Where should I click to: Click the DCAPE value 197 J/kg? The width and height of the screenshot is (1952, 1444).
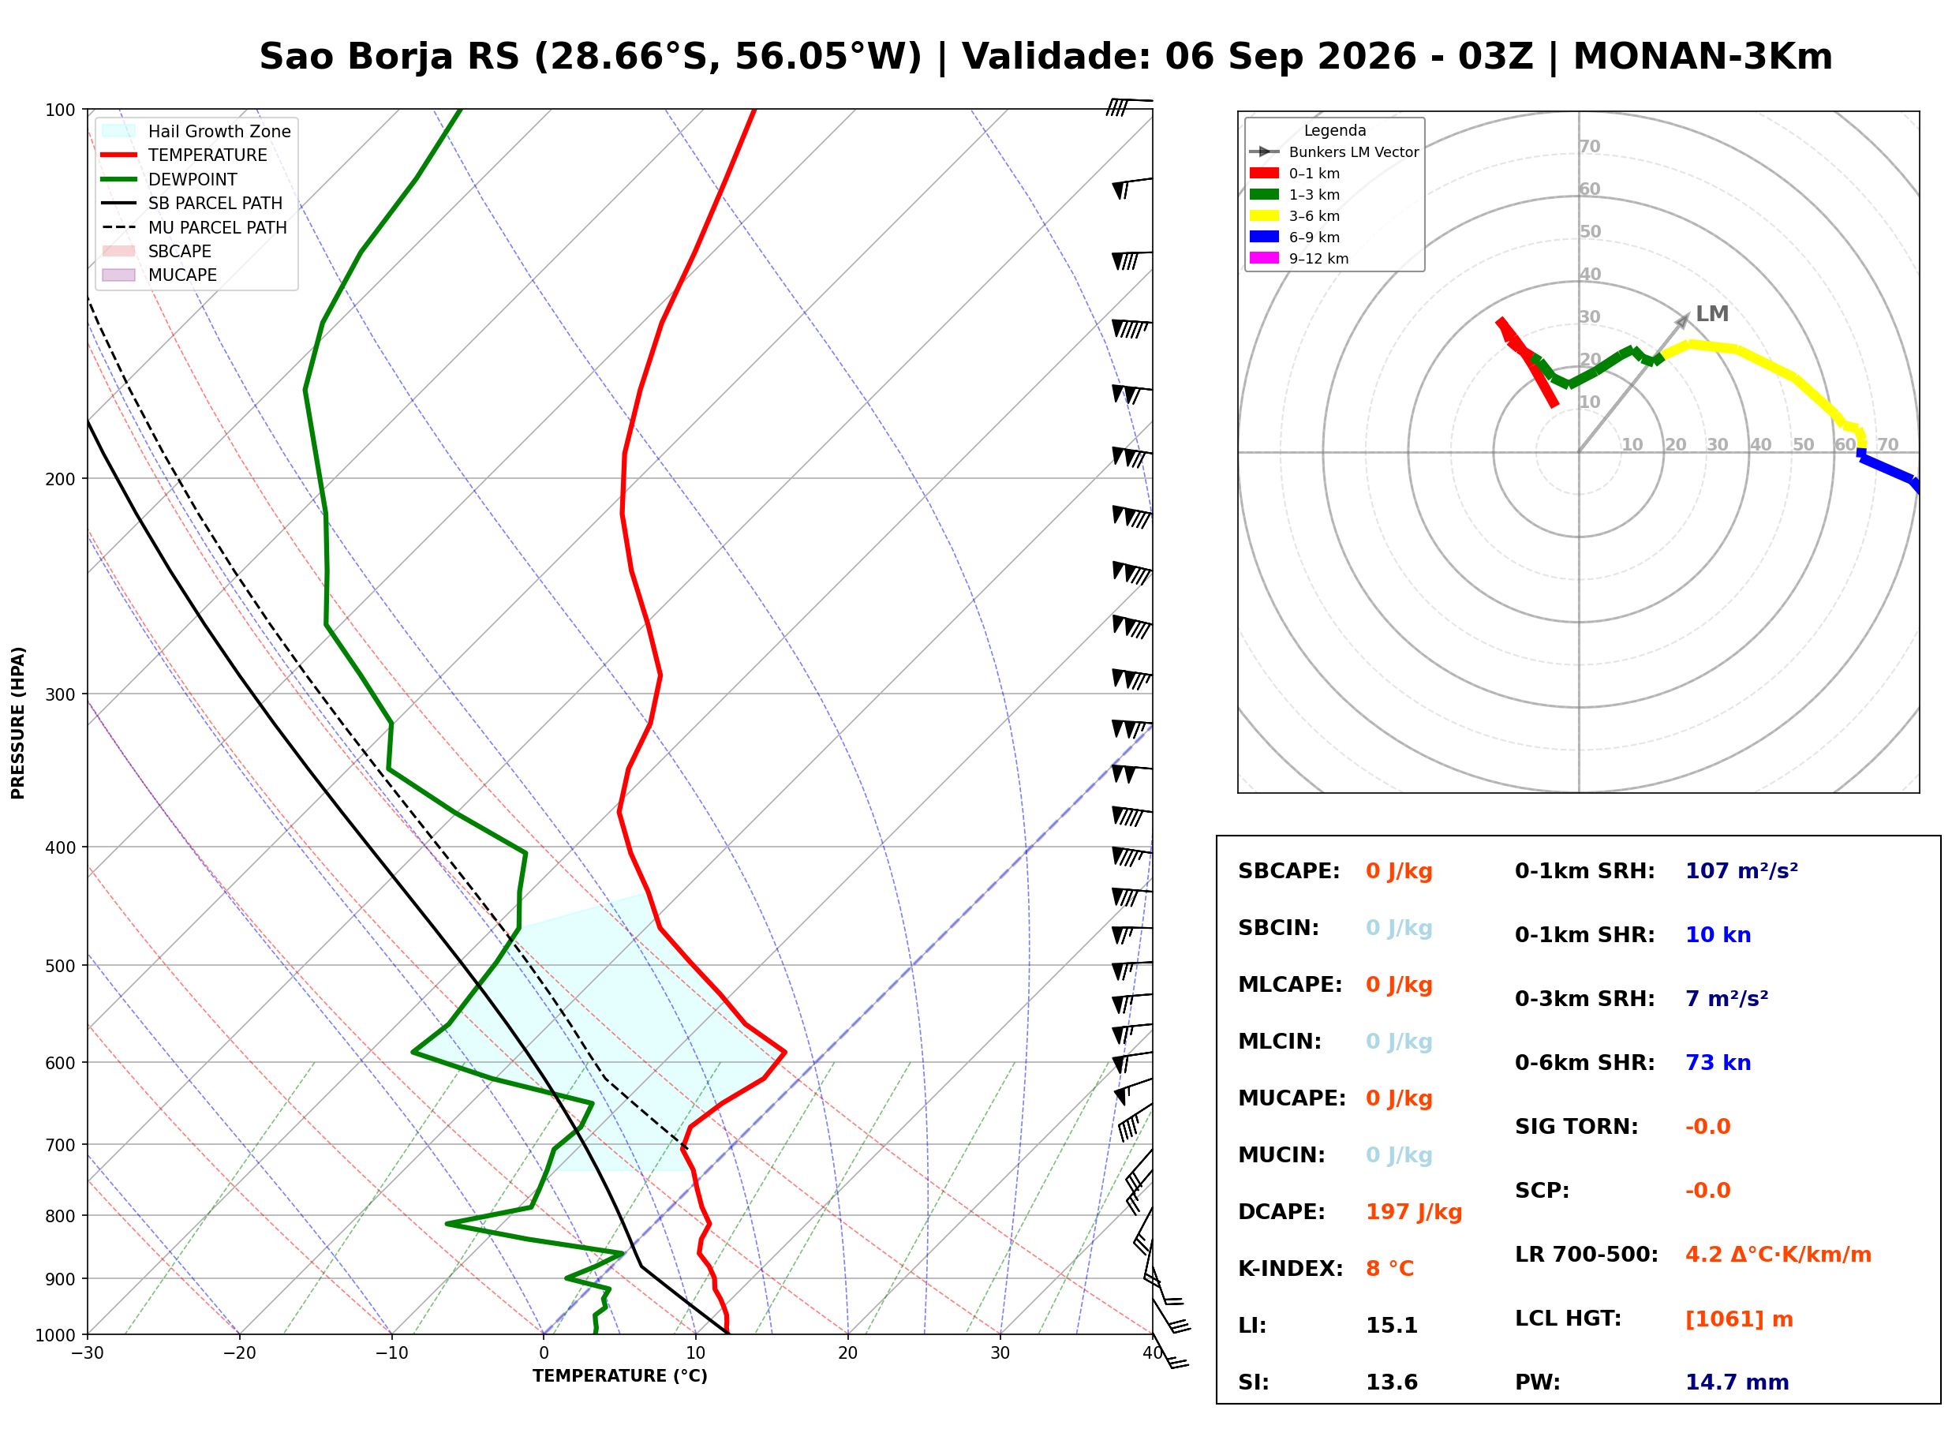(1414, 1212)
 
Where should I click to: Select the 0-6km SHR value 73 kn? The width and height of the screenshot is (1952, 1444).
(1718, 1063)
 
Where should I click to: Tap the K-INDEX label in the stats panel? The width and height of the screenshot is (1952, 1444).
(1291, 1269)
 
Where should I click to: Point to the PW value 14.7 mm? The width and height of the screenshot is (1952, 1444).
(1737, 1382)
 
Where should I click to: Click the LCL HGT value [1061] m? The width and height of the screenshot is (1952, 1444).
(1739, 1319)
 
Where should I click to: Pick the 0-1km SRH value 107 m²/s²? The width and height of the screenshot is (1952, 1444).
(1741, 871)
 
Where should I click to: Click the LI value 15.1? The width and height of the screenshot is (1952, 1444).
(1392, 1326)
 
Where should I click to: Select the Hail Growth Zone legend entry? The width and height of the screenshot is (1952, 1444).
(196, 132)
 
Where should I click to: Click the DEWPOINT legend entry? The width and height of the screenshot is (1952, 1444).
(170, 180)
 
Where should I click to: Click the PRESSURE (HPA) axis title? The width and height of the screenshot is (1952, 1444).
(18, 723)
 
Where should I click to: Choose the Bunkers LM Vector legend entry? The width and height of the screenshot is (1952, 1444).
(1334, 152)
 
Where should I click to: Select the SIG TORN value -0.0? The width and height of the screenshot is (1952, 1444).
(1707, 1127)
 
